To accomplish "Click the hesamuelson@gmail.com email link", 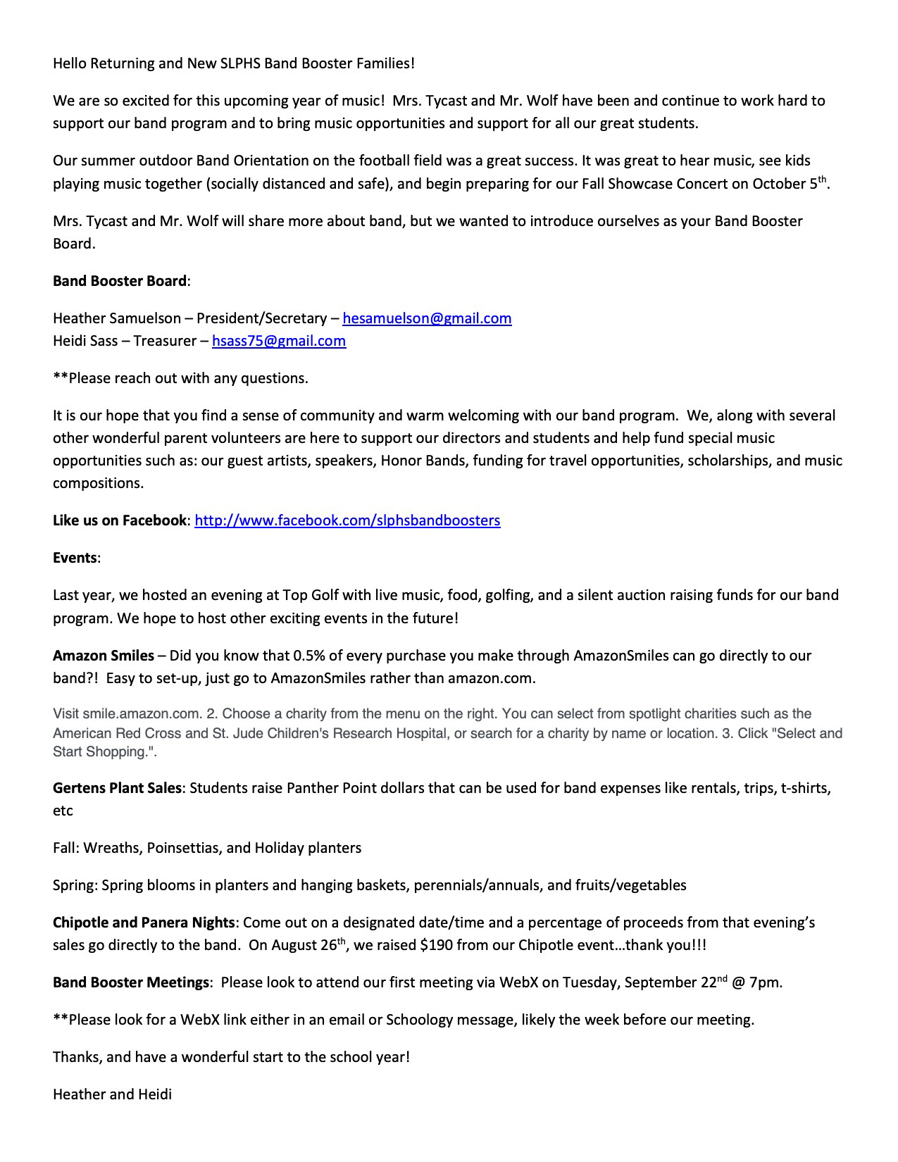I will (427, 318).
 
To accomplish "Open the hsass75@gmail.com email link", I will (279, 341).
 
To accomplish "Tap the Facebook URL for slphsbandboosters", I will (347, 520).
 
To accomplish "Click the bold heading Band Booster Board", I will (120, 281).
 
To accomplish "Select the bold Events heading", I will (75, 558).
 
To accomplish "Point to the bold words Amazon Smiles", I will (104, 656).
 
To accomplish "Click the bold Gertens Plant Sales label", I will (117, 787).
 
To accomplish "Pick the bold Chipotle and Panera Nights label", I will (144, 923).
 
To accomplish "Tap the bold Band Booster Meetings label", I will (131, 982).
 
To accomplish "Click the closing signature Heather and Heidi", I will (112, 1094).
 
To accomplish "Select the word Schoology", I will (420, 1020).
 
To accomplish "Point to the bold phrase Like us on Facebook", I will (119, 520).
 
